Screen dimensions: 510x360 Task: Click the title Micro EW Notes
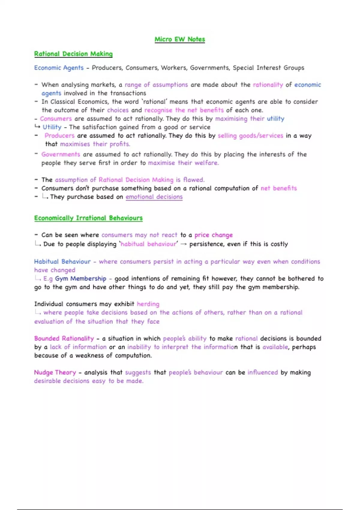point(180,39)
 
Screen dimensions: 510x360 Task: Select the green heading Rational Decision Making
point(73,54)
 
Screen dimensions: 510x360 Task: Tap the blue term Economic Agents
point(59,68)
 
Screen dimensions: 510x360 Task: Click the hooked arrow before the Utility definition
point(37,127)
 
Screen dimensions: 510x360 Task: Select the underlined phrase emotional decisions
point(154,197)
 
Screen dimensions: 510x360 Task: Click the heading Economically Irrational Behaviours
point(88,218)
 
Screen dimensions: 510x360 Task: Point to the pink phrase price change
point(213,235)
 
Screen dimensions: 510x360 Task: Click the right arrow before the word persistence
point(184,244)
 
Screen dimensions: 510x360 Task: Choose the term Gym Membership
point(80,279)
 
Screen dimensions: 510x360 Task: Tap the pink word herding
point(148,304)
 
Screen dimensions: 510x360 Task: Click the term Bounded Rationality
point(64,338)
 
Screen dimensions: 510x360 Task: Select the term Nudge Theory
point(55,372)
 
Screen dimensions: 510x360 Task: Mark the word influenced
point(262,372)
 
